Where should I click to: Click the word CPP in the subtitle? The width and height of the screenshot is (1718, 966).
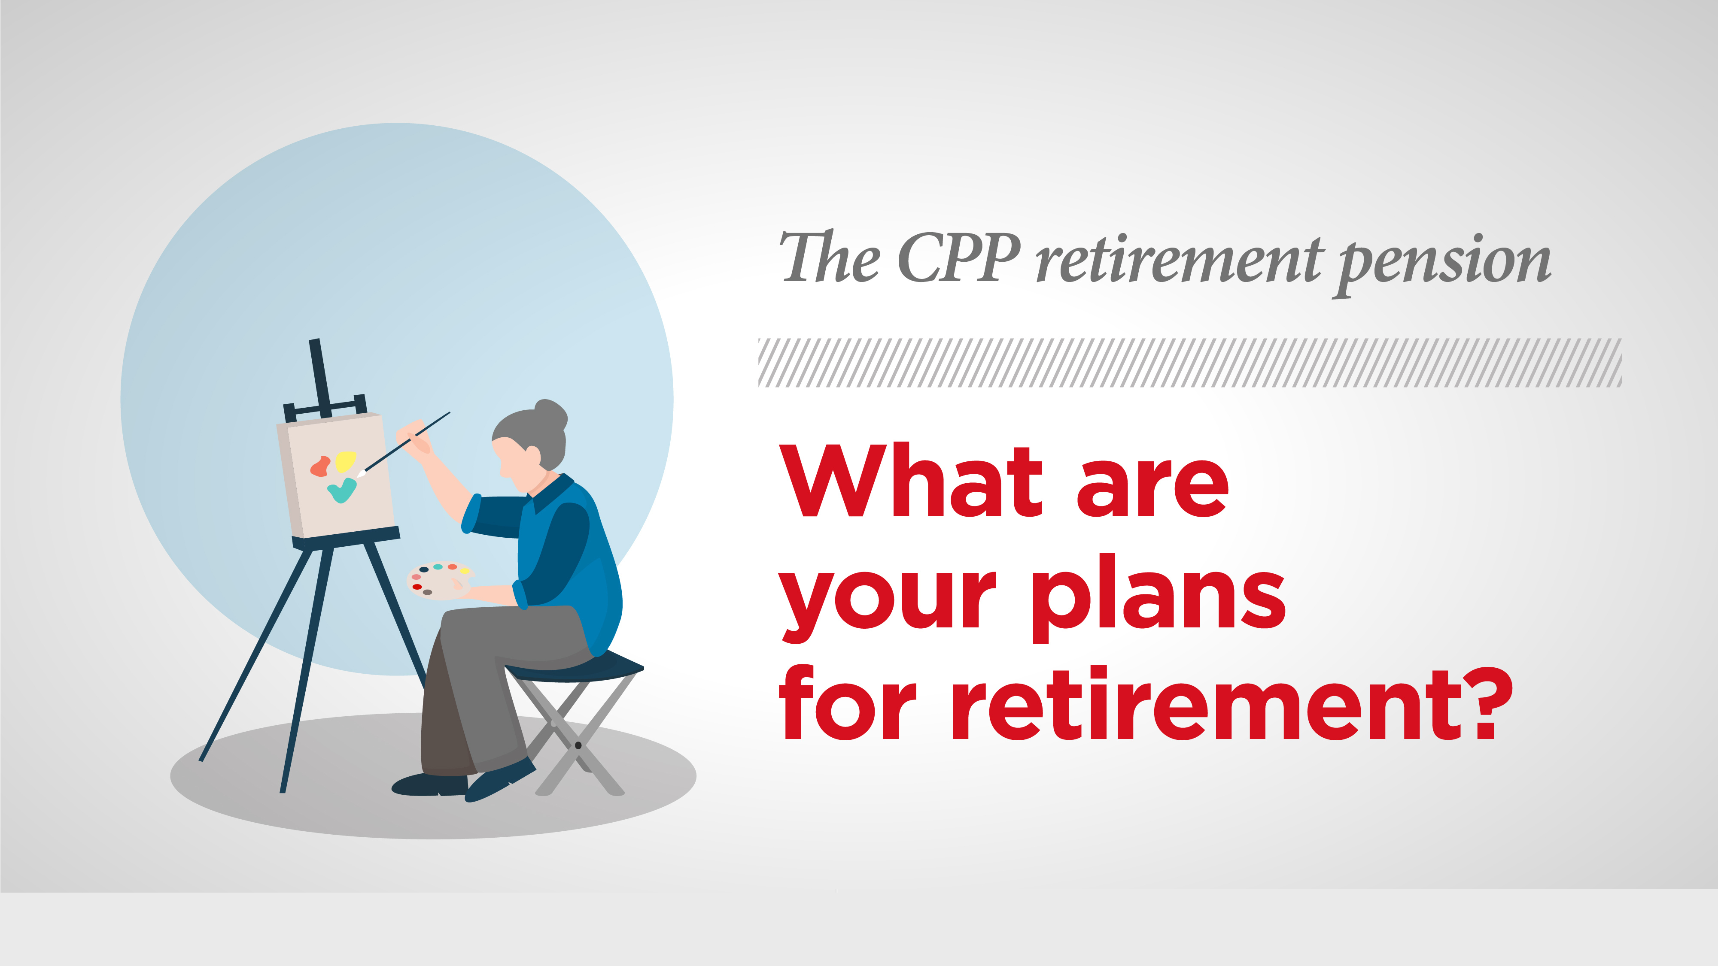point(959,257)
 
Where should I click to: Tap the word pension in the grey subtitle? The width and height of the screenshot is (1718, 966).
point(1444,264)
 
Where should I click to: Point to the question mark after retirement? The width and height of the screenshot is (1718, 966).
point(1489,703)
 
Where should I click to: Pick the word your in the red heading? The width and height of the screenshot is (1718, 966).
point(888,607)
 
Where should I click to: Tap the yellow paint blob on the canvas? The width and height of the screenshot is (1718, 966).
point(346,460)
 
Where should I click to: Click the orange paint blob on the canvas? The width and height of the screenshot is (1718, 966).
point(320,466)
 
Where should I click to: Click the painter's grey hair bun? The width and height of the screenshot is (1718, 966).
point(551,413)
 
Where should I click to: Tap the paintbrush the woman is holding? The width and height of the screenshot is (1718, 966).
point(404,445)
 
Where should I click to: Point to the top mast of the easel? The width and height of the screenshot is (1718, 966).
point(320,377)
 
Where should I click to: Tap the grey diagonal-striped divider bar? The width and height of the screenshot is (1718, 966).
point(1190,363)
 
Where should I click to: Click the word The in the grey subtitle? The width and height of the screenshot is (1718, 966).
point(830,257)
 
